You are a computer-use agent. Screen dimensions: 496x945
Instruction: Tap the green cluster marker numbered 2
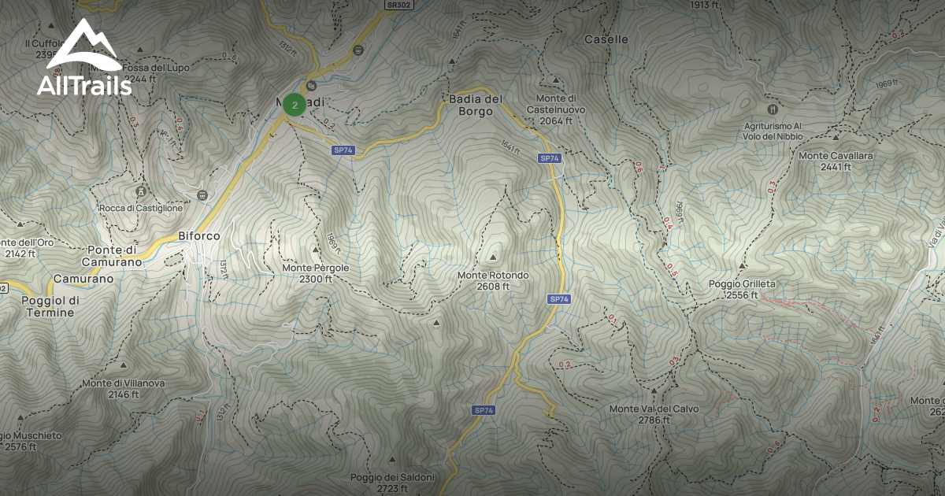click(x=295, y=104)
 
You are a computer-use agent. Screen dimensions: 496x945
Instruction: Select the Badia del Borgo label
click(x=476, y=105)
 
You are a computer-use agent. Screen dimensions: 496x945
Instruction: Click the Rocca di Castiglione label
click(x=142, y=208)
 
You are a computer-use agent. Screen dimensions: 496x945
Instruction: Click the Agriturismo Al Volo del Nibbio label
click(x=775, y=131)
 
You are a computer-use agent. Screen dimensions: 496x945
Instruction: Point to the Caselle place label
click(x=606, y=39)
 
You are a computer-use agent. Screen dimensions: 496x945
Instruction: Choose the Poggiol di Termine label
click(x=48, y=306)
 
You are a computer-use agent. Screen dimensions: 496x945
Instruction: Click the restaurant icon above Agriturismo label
click(x=772, y=109)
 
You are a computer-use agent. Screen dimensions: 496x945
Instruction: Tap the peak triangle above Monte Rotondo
click(x=494, y=257)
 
